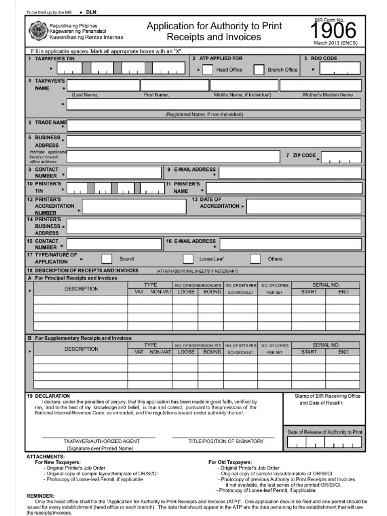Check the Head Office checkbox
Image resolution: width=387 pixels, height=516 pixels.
(207, 70)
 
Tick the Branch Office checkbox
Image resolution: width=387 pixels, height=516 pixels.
(259, 70)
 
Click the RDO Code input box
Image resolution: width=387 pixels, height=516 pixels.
(340, 69)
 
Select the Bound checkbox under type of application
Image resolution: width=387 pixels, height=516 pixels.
(107, 259)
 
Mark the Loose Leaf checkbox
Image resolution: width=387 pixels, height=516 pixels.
(188, 259)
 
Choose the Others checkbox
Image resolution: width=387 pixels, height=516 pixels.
(255, 259)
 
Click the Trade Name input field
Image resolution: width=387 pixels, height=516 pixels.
(214, 125)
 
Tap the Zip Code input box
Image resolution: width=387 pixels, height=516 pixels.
(341, 157)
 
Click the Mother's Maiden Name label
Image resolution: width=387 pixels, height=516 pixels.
(328, 95)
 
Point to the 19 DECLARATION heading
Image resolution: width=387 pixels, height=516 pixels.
(48, 396)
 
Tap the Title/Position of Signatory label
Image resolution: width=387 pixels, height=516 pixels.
(226, 441)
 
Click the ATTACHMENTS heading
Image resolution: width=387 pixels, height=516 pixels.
(45, 457)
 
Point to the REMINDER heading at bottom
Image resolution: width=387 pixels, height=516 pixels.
(40, 496)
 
